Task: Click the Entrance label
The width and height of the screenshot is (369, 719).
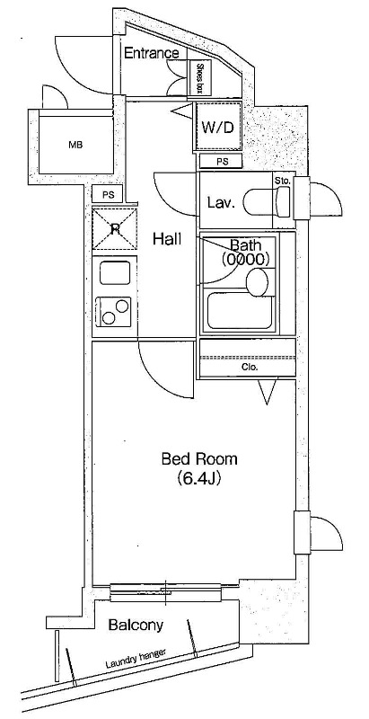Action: pos(151,53)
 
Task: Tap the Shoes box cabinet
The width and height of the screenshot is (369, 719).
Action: pos(199,78)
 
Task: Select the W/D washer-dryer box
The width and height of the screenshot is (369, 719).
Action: pos(218,127)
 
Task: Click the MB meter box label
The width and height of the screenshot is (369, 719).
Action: pos(75,146)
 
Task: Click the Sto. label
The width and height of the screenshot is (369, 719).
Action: pos(283,182)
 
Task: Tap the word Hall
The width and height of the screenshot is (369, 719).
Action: pos(167,238)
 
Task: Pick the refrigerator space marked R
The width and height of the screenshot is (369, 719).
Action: pos(114,228)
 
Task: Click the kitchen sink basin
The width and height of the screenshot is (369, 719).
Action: pos(114,274)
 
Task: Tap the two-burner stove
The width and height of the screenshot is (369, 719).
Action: pos(113,311)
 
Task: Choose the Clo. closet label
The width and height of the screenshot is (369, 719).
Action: pos(250,367)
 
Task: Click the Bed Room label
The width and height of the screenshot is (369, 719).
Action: pos(199,458)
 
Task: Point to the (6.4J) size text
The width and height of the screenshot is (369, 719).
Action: pos(199,479)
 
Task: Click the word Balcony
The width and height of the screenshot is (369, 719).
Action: pos(136,625)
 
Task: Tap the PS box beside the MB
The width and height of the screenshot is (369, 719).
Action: pos(108,194)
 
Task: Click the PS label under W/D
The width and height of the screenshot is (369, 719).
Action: pos(222,162)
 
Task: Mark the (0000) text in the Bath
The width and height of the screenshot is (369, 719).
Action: pos(244,260)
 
